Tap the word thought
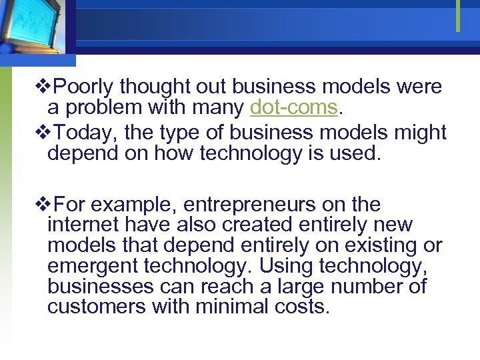(155, 87)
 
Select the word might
(420, 133)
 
